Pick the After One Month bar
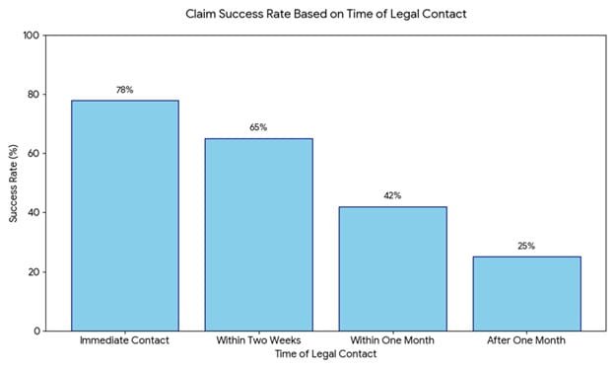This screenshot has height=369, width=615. click(526, 293)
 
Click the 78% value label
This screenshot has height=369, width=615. click(124, 91)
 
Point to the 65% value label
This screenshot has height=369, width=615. click(258, 128)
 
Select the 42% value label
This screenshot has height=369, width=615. click(392, 196)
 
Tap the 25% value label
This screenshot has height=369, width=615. click(526, 247)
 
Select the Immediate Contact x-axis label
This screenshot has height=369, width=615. click(124, 341)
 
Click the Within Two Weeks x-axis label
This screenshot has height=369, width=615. click(258, 341)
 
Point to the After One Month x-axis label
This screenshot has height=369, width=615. click(526, 341)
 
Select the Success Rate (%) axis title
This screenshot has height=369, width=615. click(14, 183)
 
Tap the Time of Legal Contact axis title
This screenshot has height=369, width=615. click(325, 355)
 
